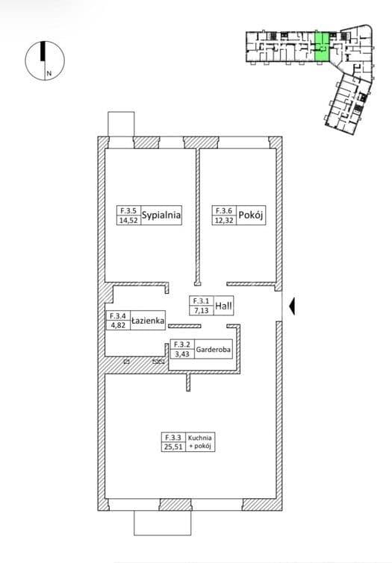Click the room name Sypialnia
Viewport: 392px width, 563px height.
coord(161,215)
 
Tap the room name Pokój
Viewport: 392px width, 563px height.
coord(251,215)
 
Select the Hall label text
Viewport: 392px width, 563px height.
coord(223,306)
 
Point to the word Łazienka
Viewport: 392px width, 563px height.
coord(148,321)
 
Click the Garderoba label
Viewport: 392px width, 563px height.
coord(214,350)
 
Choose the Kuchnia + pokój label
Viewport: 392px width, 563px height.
coord(200,442)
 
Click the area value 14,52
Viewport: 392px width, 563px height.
coord(128,220)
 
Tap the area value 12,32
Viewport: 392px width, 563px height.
coord(224,220)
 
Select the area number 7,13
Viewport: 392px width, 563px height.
coord(202,311)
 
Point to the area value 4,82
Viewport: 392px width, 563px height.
coord(118,325)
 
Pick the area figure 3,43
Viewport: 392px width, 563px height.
coord(182,354)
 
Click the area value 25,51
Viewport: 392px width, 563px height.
coord(173,447)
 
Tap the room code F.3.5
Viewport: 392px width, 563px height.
coord(128,210)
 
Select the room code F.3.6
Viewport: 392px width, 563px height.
coord(224,210)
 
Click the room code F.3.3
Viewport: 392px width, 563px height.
coord(173,437)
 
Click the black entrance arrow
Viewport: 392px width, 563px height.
coord(293,306)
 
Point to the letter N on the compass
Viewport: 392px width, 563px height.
coord(49,73)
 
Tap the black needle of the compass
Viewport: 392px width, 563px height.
coord(43,51)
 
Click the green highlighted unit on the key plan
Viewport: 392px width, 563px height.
coord(322,47)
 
